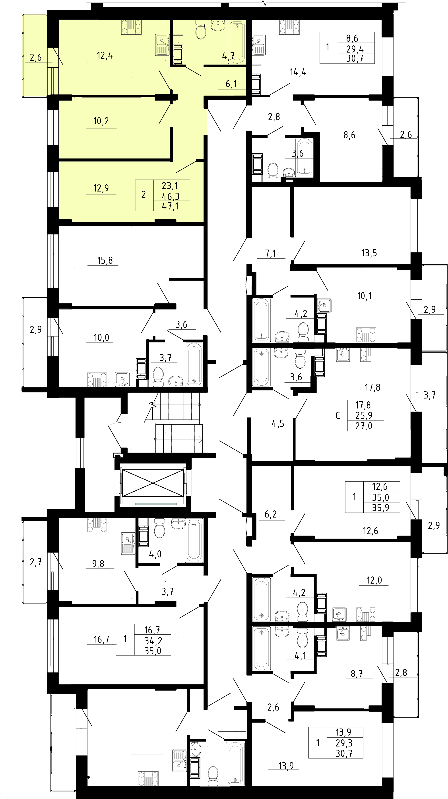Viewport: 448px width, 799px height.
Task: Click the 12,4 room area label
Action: coord(105,56)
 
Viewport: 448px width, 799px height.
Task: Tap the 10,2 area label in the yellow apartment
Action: coord(101,121)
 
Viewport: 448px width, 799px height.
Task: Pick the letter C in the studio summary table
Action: coord(338,416)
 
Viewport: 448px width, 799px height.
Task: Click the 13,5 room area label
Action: coord(369,253)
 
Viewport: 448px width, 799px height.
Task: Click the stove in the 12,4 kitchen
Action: coord(131,27)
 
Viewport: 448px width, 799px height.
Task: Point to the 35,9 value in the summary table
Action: coord(380,508)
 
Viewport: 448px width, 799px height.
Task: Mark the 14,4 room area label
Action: coord(298,72)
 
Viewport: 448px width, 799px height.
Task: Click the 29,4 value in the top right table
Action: coord(355,49)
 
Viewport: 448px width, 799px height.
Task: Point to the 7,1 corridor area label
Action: coord(270,253)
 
